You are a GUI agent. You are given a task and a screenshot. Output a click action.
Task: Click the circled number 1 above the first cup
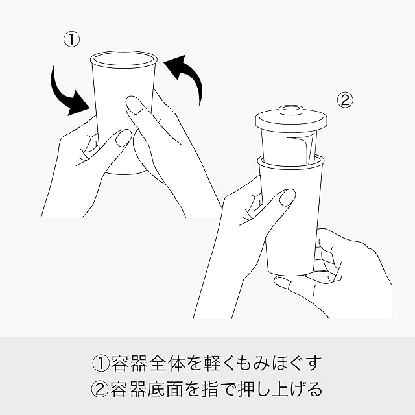[71, 40]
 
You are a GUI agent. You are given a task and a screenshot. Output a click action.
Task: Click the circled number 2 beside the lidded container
[345, 101]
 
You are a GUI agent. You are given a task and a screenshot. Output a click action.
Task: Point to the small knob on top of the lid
[291, 110]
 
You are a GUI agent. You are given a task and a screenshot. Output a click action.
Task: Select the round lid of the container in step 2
[292, 119]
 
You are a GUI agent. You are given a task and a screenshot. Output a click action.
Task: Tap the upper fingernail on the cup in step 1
[134, 105]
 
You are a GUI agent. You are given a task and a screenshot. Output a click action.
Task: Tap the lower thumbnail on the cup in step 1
[123, 137]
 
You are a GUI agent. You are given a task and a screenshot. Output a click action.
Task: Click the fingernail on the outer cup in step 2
[287, 197]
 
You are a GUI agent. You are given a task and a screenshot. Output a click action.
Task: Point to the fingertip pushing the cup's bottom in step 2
[282, 283]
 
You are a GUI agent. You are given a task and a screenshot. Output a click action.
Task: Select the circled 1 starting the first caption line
[101, 362]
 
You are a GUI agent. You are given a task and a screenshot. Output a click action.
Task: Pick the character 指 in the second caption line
[210, 388]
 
